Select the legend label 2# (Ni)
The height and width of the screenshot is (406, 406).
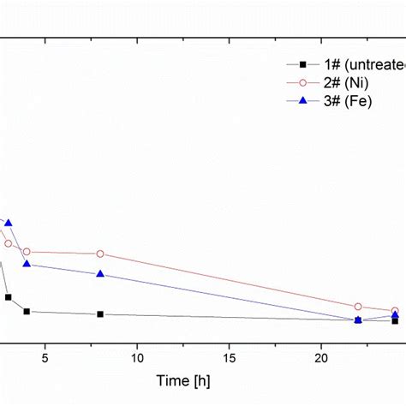click(347, 83)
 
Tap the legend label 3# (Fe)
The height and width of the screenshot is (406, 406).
click(347, 101)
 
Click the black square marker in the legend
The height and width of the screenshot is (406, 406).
click(302, 65)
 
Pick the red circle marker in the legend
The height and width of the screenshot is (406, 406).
click(302, 83)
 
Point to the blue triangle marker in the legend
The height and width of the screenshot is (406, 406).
click(302, 101)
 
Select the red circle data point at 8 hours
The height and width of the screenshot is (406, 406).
click(100, 254)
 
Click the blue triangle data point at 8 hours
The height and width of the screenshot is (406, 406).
click(100, 274)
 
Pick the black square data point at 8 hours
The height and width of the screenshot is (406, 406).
click(100, 314)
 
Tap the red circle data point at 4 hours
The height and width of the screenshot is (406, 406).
click(27, 252)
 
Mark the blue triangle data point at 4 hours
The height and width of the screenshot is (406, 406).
click(27, 264)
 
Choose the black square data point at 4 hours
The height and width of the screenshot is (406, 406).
click(27, 312)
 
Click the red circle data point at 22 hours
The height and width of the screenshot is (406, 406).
click(358, 307)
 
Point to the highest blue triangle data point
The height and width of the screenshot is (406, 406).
click(9, 223)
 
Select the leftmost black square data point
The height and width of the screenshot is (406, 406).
click(9, 297)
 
